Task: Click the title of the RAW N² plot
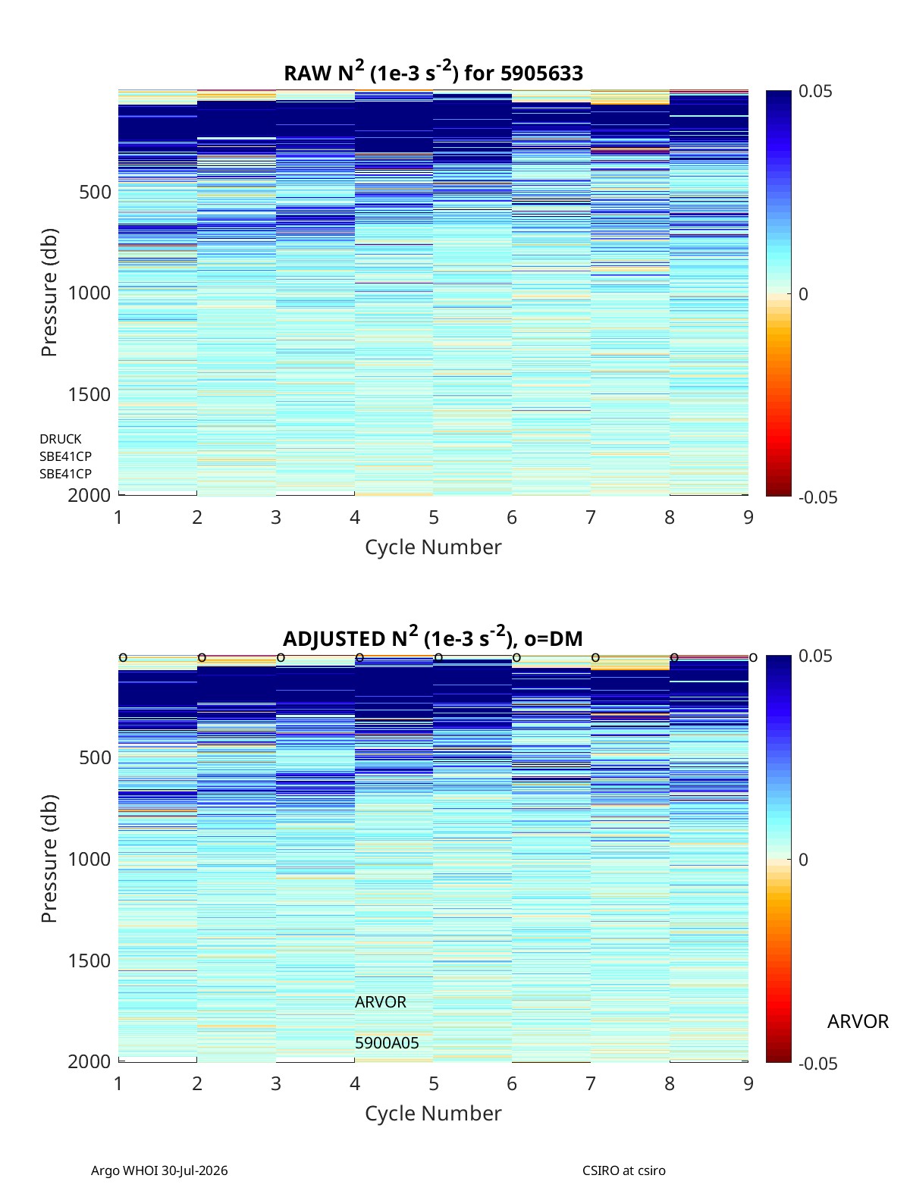click(433, 72)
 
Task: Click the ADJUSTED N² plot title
click(432, 637)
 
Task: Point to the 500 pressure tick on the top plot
click(95, 192)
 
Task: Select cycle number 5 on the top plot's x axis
click(433, 517)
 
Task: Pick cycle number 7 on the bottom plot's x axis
click(590, 1083)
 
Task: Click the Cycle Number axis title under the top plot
click(433, 547)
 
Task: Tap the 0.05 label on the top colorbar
click(814, 91)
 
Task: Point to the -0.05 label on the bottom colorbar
click(817, 1063)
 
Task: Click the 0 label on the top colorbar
click(803, 294)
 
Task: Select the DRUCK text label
click(61, 439)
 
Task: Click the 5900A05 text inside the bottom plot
click(387, 1043)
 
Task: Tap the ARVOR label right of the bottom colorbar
click(858, 1021)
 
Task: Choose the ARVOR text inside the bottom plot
click(380, 1002)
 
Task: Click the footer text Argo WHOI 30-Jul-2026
click(159, 1170)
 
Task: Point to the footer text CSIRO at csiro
click(624, 1170)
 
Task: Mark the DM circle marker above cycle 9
click(753, 658)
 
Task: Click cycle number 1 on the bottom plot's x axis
click(118, 1083)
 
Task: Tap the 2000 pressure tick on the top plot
click(89, 495)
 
